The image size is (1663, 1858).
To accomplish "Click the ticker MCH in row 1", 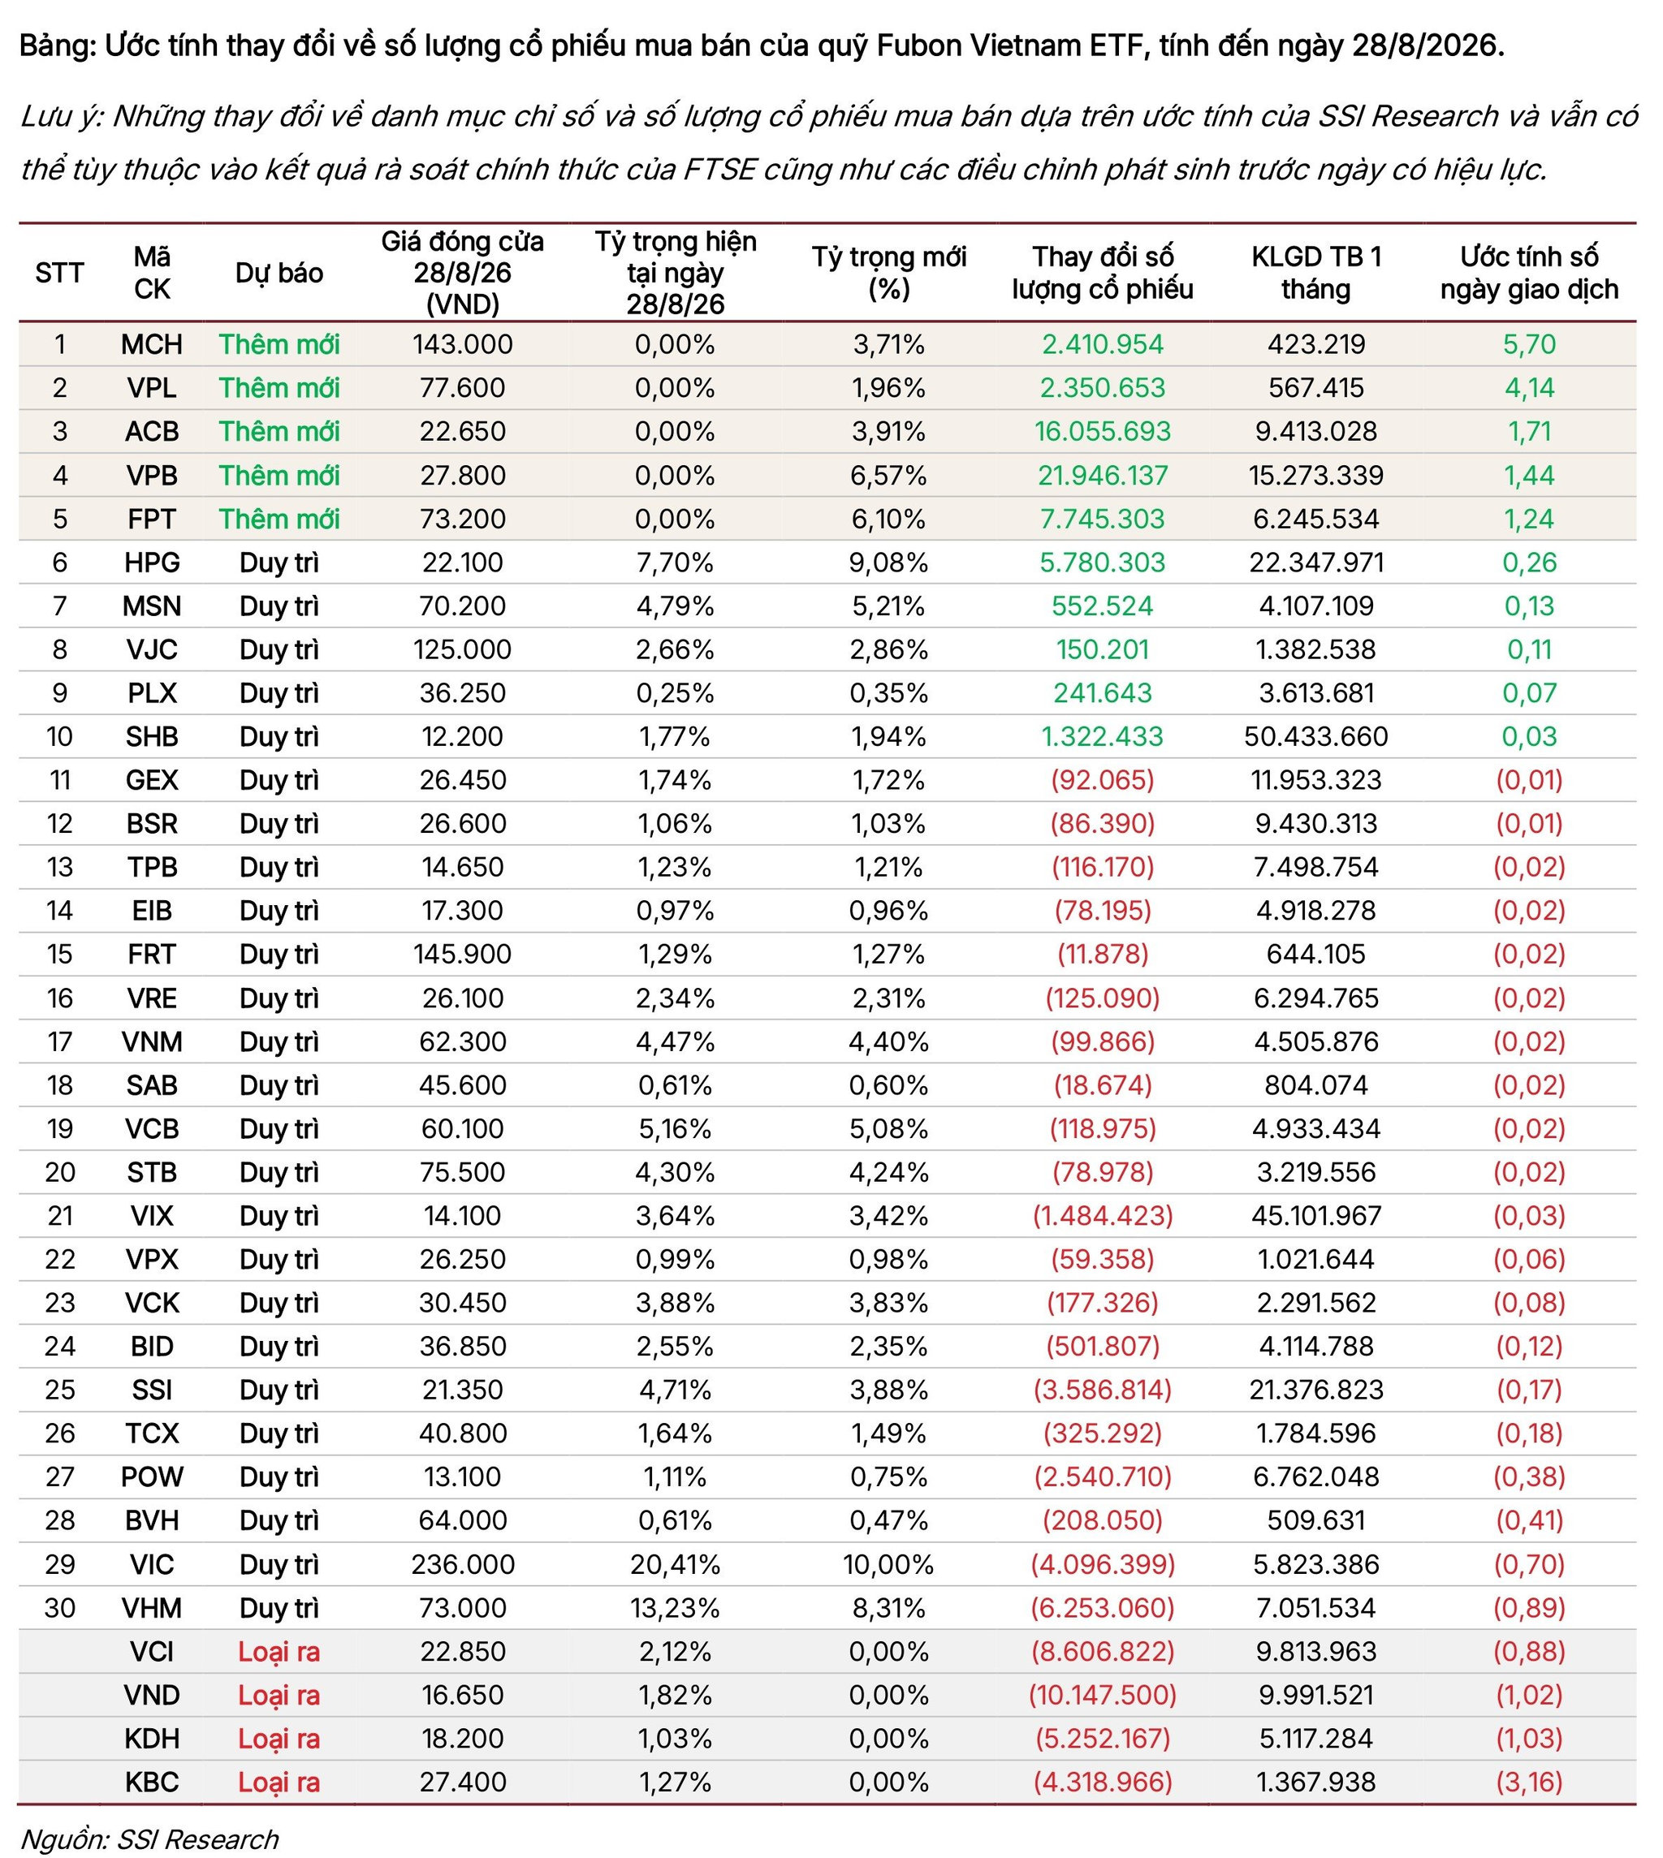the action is coord(152,344).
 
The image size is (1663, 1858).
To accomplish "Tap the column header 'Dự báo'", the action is coord(279,273).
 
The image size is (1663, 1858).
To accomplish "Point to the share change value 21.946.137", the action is coord(1102,475).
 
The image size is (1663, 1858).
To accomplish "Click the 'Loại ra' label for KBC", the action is coord(279,1781).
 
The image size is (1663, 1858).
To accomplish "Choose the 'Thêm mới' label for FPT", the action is coord(279,519).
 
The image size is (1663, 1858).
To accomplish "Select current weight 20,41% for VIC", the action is coord(676,1564).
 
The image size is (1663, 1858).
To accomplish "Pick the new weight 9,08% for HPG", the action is coord(888,562).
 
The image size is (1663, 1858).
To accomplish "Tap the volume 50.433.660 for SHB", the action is coord(1315,736).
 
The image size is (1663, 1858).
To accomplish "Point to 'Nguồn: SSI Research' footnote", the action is coord(150,1838).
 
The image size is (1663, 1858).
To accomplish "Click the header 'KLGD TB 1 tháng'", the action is coord(1315,273).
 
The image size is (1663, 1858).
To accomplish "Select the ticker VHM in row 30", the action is coord(152,1608).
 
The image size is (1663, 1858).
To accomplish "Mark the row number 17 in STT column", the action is coord(59,1041).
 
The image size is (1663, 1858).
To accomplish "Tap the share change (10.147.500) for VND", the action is coord(1102,1695).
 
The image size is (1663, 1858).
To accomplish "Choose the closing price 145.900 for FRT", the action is coord(462,954).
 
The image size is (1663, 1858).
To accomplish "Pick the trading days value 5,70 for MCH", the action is coord(1529,344).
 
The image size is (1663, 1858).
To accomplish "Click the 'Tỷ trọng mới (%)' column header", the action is coord(888,273).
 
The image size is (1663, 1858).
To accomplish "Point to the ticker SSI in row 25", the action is coord(152,1390).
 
